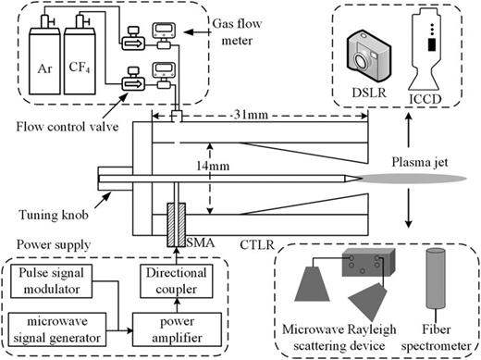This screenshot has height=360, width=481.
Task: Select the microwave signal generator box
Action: click(x=67, y=325)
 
